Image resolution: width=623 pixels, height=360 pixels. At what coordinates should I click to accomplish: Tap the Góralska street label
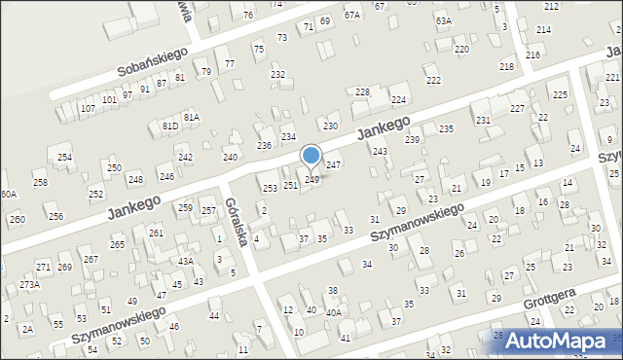click(238, 221)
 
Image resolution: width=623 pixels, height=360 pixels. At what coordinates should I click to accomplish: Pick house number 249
click(311, 179)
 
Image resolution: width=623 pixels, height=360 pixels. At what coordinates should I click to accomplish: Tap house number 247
click(333, 164)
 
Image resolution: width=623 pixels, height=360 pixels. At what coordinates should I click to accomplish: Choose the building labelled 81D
click(170, 126)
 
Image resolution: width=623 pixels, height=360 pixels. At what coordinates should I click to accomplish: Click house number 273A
click(29, 284)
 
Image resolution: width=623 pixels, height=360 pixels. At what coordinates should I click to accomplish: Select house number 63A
click(443, 20)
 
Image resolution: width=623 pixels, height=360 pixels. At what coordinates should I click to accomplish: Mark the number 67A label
click(351, 15)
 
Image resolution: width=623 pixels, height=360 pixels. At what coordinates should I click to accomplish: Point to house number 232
click(277, 74)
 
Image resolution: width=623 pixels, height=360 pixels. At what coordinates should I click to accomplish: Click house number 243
click(380, 151)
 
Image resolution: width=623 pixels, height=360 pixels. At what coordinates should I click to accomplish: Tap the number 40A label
click(333, 312)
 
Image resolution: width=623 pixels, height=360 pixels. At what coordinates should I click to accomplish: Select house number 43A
click(185, 261)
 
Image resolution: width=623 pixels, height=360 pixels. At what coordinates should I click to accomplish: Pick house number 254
click(64, 157)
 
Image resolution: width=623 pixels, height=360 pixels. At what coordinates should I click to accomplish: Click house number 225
click(560, 94)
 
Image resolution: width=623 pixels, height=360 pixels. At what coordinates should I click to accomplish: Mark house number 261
click(156, 233)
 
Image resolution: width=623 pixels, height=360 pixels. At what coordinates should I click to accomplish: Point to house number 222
click(433, 80)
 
